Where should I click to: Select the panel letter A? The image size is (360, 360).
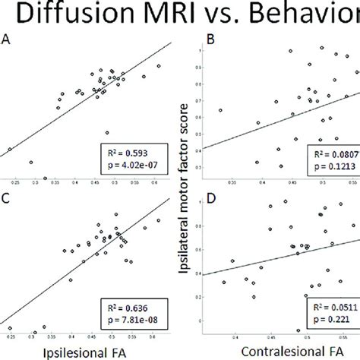click(x=6, y=44)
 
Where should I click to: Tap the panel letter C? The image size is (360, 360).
click(x=6, y=200)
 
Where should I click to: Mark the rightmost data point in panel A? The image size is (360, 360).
click(x=159, y=67)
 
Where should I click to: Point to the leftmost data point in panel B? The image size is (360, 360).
click(x=220, y=111)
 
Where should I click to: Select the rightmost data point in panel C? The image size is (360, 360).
click(x=157, y=220)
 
